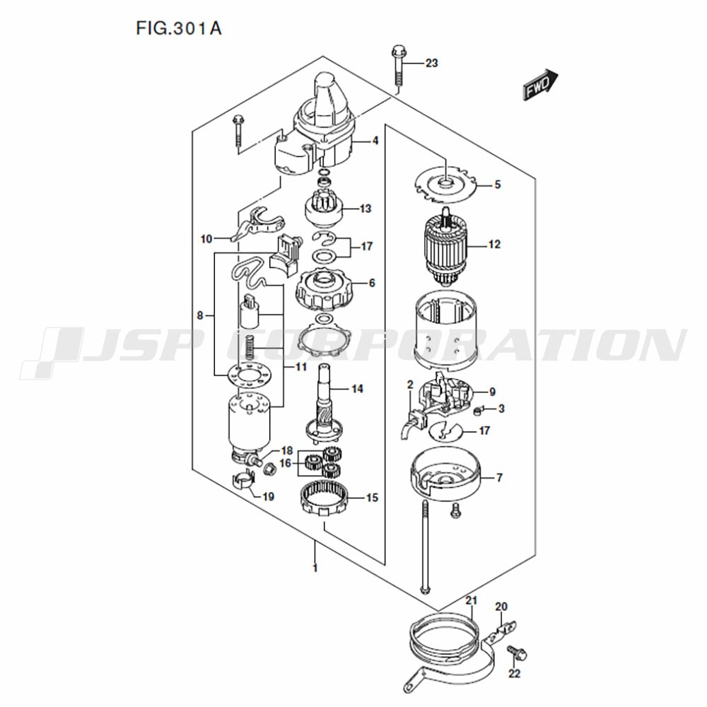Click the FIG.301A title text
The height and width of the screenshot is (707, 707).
click(179, 28)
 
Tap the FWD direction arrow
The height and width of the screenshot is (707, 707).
click(540, 84)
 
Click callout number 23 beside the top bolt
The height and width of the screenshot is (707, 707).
click(431, 63)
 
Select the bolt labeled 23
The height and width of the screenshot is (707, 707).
click(399, 64)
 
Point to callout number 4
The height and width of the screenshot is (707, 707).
click(375, 141)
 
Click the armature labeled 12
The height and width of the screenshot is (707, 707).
click(445, 249)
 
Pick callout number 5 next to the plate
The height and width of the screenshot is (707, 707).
click(497, 185)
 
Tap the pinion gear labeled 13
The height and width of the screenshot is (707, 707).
click(325, 211)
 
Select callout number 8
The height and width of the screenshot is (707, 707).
click(200, 315)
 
